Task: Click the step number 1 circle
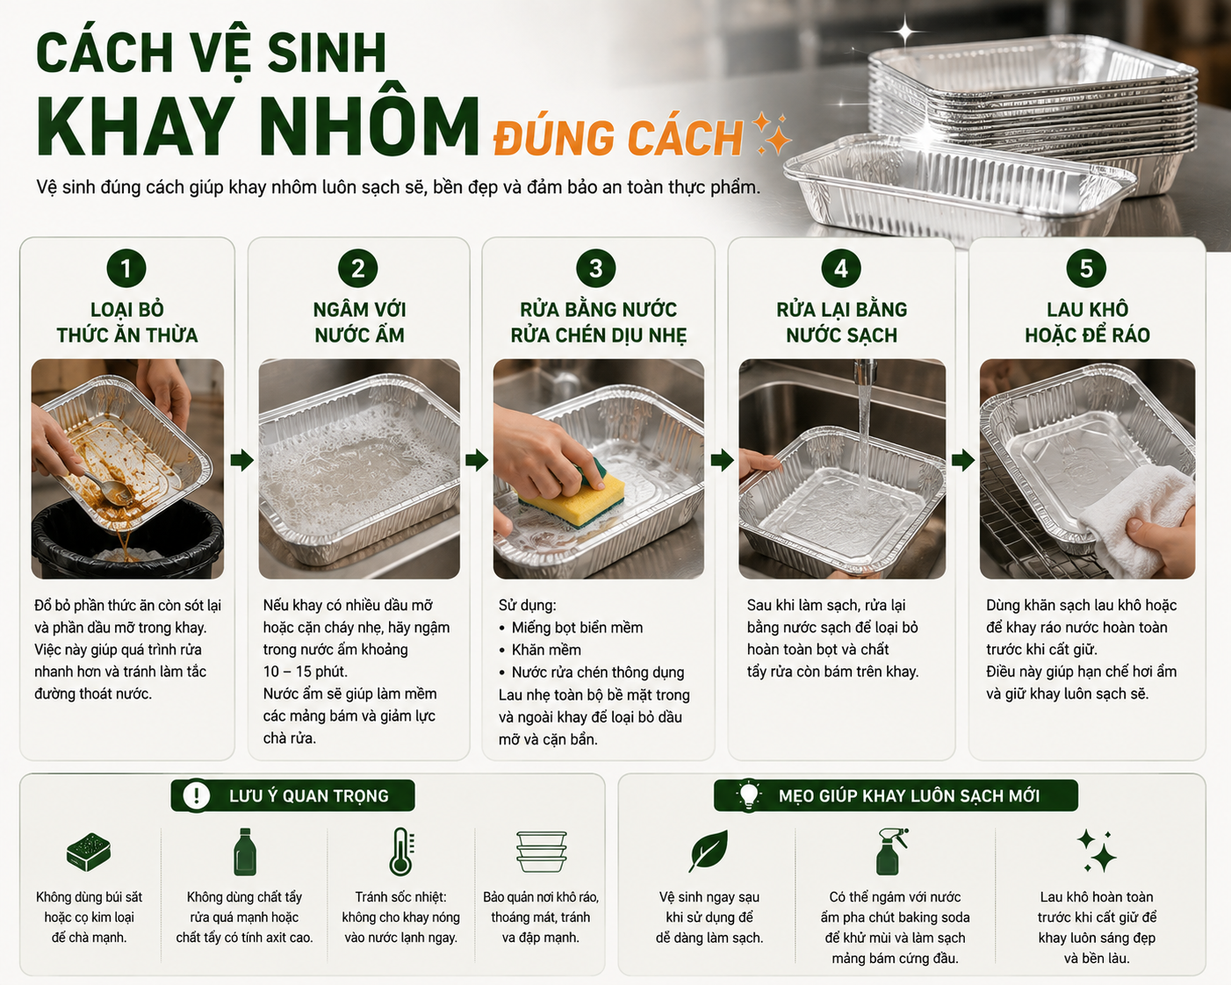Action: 126,269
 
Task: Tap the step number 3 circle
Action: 595,269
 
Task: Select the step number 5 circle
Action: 1086,269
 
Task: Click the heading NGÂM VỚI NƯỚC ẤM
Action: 359,322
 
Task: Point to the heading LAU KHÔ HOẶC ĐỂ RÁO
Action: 1087,322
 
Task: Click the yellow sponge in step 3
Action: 572,497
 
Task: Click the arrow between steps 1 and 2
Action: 242,460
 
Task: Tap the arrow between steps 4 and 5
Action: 963,460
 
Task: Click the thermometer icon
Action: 401,852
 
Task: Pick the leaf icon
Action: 709,851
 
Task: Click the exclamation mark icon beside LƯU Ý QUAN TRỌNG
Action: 196,795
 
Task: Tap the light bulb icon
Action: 748,795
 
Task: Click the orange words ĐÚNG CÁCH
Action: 618,138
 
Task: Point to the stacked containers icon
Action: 541,852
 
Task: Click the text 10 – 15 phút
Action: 306,672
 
